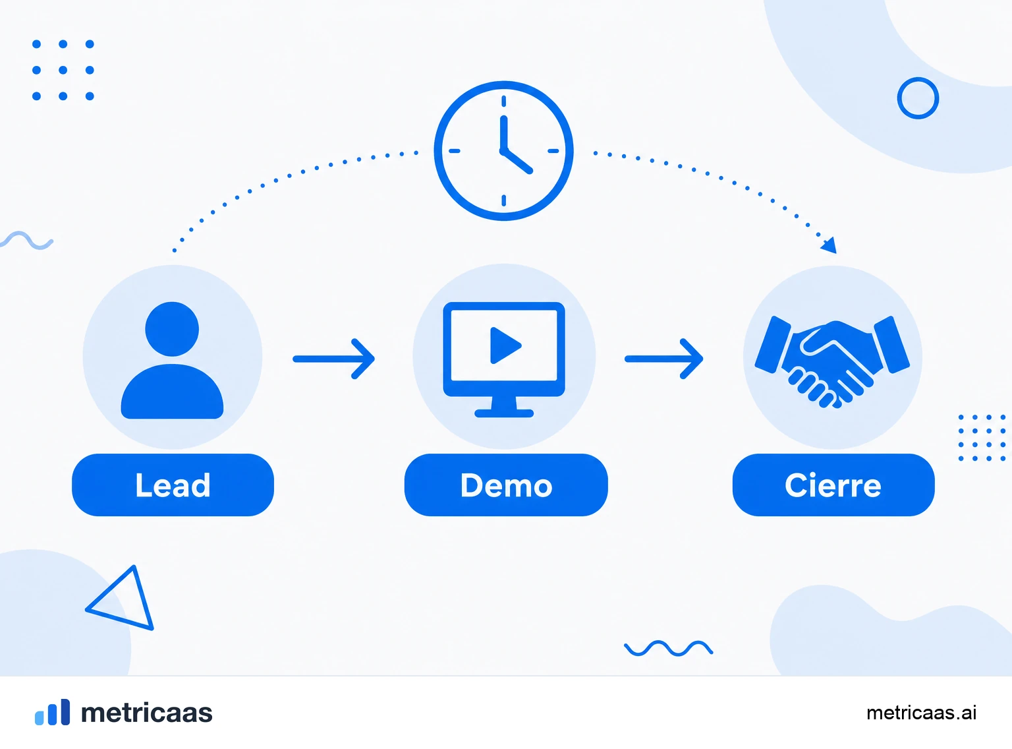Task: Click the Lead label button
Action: pyautogui.click(x=173, y=485)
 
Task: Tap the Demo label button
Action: pyautogui.click(x=506, y=485)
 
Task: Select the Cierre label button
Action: pyautogui.click(x=833, y=485)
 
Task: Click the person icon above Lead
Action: pyautogui.click(x=172, y=360)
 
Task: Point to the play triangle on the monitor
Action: pyautogui.click(x=505, y=345)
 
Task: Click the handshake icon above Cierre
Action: pyautogui.click(x=832, y=362)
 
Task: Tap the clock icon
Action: pyautogui.click(x=504, y=151)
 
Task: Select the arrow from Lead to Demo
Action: pyautogui.click(x=333, y=359)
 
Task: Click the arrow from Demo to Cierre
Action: pyautogui.click(x=664, y=359)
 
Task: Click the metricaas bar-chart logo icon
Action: pyautogui.click(x=53, y=711)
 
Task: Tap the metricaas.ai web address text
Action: pyautogui.click(x=922, y=713)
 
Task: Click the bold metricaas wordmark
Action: pyautogui.click(x=146, y=713)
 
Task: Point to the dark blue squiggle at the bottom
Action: pyautogui.click(x=669, y=648)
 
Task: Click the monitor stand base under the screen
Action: pyautogui.click(x=504, y=413)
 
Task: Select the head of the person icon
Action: pyautogui.click(x=172, y=329)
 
